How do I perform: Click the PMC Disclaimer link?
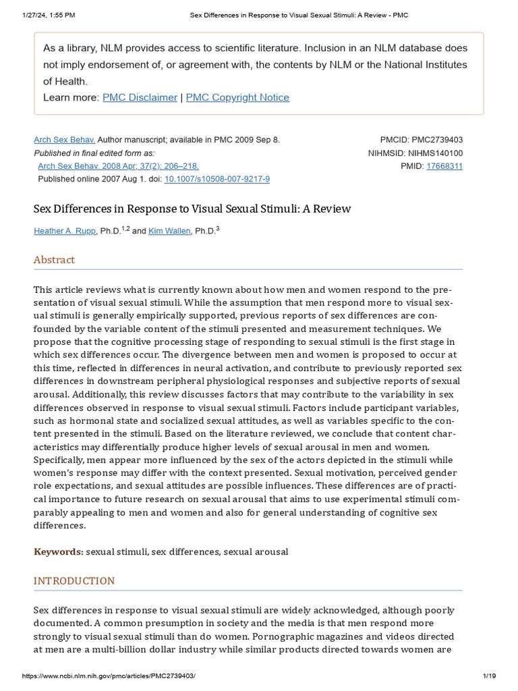[x=140, y=97]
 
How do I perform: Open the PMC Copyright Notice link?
[x=237, y=97]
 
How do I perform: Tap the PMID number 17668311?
[x=444, y=166]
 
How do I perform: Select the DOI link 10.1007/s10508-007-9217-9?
[x=217, y=179]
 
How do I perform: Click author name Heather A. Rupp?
[x=65, y=231]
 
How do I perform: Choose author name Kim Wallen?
[x=170, y=231]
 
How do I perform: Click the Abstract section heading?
[x=55, y=260]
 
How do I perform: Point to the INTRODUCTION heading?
[x=74, y=580]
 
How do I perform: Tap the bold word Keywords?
[x=59, y=552]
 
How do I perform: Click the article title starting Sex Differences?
[x=192, y=209]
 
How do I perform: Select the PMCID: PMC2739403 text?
[x=422, y=140]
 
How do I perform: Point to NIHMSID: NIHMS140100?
[x=415, y=153]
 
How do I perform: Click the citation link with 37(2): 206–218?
[x=118, y=166]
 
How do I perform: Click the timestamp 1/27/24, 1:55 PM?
[x=47, y=15]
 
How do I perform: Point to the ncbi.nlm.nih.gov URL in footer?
[x=109, y=675]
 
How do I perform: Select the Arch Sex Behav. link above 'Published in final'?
[x=65, y=140]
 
